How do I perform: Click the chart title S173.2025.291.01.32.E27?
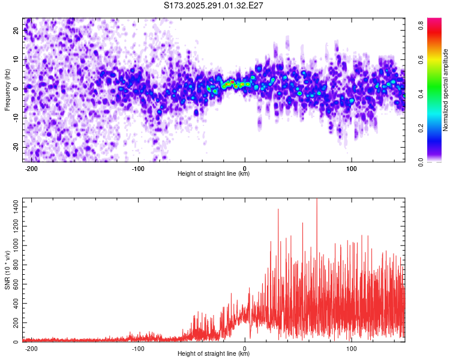213,5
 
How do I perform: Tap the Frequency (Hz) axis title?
7,90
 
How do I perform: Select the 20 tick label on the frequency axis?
16,31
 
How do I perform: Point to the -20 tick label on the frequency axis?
16,147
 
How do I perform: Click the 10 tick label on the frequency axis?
16,59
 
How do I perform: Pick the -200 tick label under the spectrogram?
31,169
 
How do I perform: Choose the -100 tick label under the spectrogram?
138,169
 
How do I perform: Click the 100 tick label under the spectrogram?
351,169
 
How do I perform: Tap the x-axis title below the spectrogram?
214,173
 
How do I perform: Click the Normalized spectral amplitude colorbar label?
445,90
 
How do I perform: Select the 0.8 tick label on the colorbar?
421,26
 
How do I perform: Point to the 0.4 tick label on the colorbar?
421,94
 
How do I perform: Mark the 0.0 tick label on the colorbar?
421,162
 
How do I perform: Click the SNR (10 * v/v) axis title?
7,270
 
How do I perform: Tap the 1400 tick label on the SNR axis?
16,207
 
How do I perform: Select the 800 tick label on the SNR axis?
16,265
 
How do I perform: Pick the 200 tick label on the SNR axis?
16,323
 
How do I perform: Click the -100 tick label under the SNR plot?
138,349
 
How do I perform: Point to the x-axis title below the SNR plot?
214,353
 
